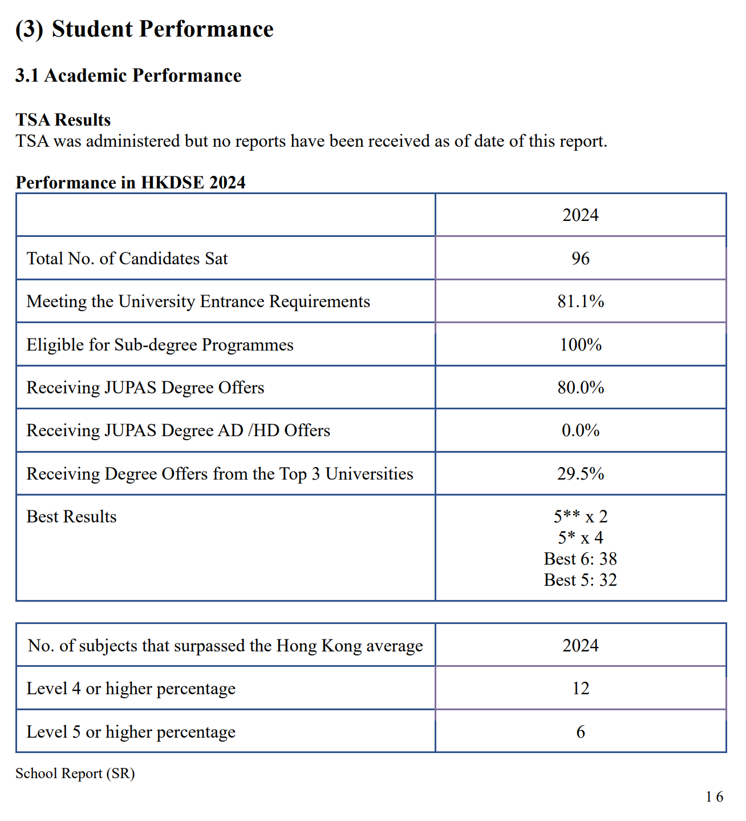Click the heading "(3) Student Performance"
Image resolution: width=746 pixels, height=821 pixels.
tap(144, 29)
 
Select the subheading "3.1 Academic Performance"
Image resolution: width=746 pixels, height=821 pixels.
tap(128, 75)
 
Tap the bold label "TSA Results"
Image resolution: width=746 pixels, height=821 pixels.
tap(63, 119)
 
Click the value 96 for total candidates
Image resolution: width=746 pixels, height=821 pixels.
tap(580, 259)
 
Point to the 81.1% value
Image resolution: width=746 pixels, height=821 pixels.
tap(580, 301)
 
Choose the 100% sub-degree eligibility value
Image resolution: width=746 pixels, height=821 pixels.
tap(580, 345)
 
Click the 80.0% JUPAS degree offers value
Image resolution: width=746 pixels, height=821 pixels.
tap(580, 388)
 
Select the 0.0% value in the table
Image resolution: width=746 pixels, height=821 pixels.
tap(580, 430)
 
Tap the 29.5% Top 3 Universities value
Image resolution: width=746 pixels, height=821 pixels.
tap(580, 474)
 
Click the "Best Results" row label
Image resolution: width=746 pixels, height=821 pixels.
tap(71, 517)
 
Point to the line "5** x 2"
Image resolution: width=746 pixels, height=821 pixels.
tap(580, 517)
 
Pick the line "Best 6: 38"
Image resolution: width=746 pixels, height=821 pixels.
tap(580, 559)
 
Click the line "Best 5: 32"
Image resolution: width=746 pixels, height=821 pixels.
tap(580, 580)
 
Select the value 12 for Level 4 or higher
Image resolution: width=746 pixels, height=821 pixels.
tap(580, 689)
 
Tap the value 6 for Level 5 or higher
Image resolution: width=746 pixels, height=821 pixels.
tap(580, 732)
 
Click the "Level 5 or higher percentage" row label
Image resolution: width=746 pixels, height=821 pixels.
tap(131, 732)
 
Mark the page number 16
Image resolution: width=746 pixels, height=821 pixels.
tap(714, 797)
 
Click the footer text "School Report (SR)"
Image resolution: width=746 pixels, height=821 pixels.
tap(75, 774)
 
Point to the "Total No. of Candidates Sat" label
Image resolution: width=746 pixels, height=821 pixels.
tap(127, 259)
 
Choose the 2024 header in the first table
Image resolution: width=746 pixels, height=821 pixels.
tap(580, 215)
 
